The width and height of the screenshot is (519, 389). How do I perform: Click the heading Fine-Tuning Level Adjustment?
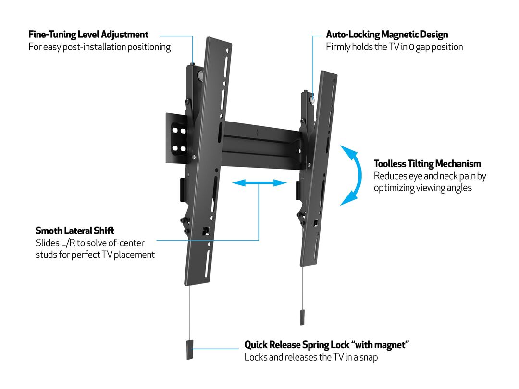88,35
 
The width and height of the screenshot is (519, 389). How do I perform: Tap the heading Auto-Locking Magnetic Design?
387,35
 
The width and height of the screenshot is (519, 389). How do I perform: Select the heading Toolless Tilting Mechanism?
427,164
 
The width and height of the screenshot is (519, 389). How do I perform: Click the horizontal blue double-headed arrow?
259,183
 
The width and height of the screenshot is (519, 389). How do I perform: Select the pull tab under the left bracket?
190,350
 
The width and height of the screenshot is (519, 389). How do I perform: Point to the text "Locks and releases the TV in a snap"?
311,357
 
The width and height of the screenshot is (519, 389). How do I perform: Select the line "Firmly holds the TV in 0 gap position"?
394,47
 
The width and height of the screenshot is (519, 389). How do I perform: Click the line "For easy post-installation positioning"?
99,47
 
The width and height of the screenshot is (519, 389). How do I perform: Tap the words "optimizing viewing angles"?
423,188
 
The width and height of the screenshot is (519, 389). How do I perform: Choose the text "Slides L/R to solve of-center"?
90,243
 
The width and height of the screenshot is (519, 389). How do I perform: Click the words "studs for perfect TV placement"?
95,255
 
